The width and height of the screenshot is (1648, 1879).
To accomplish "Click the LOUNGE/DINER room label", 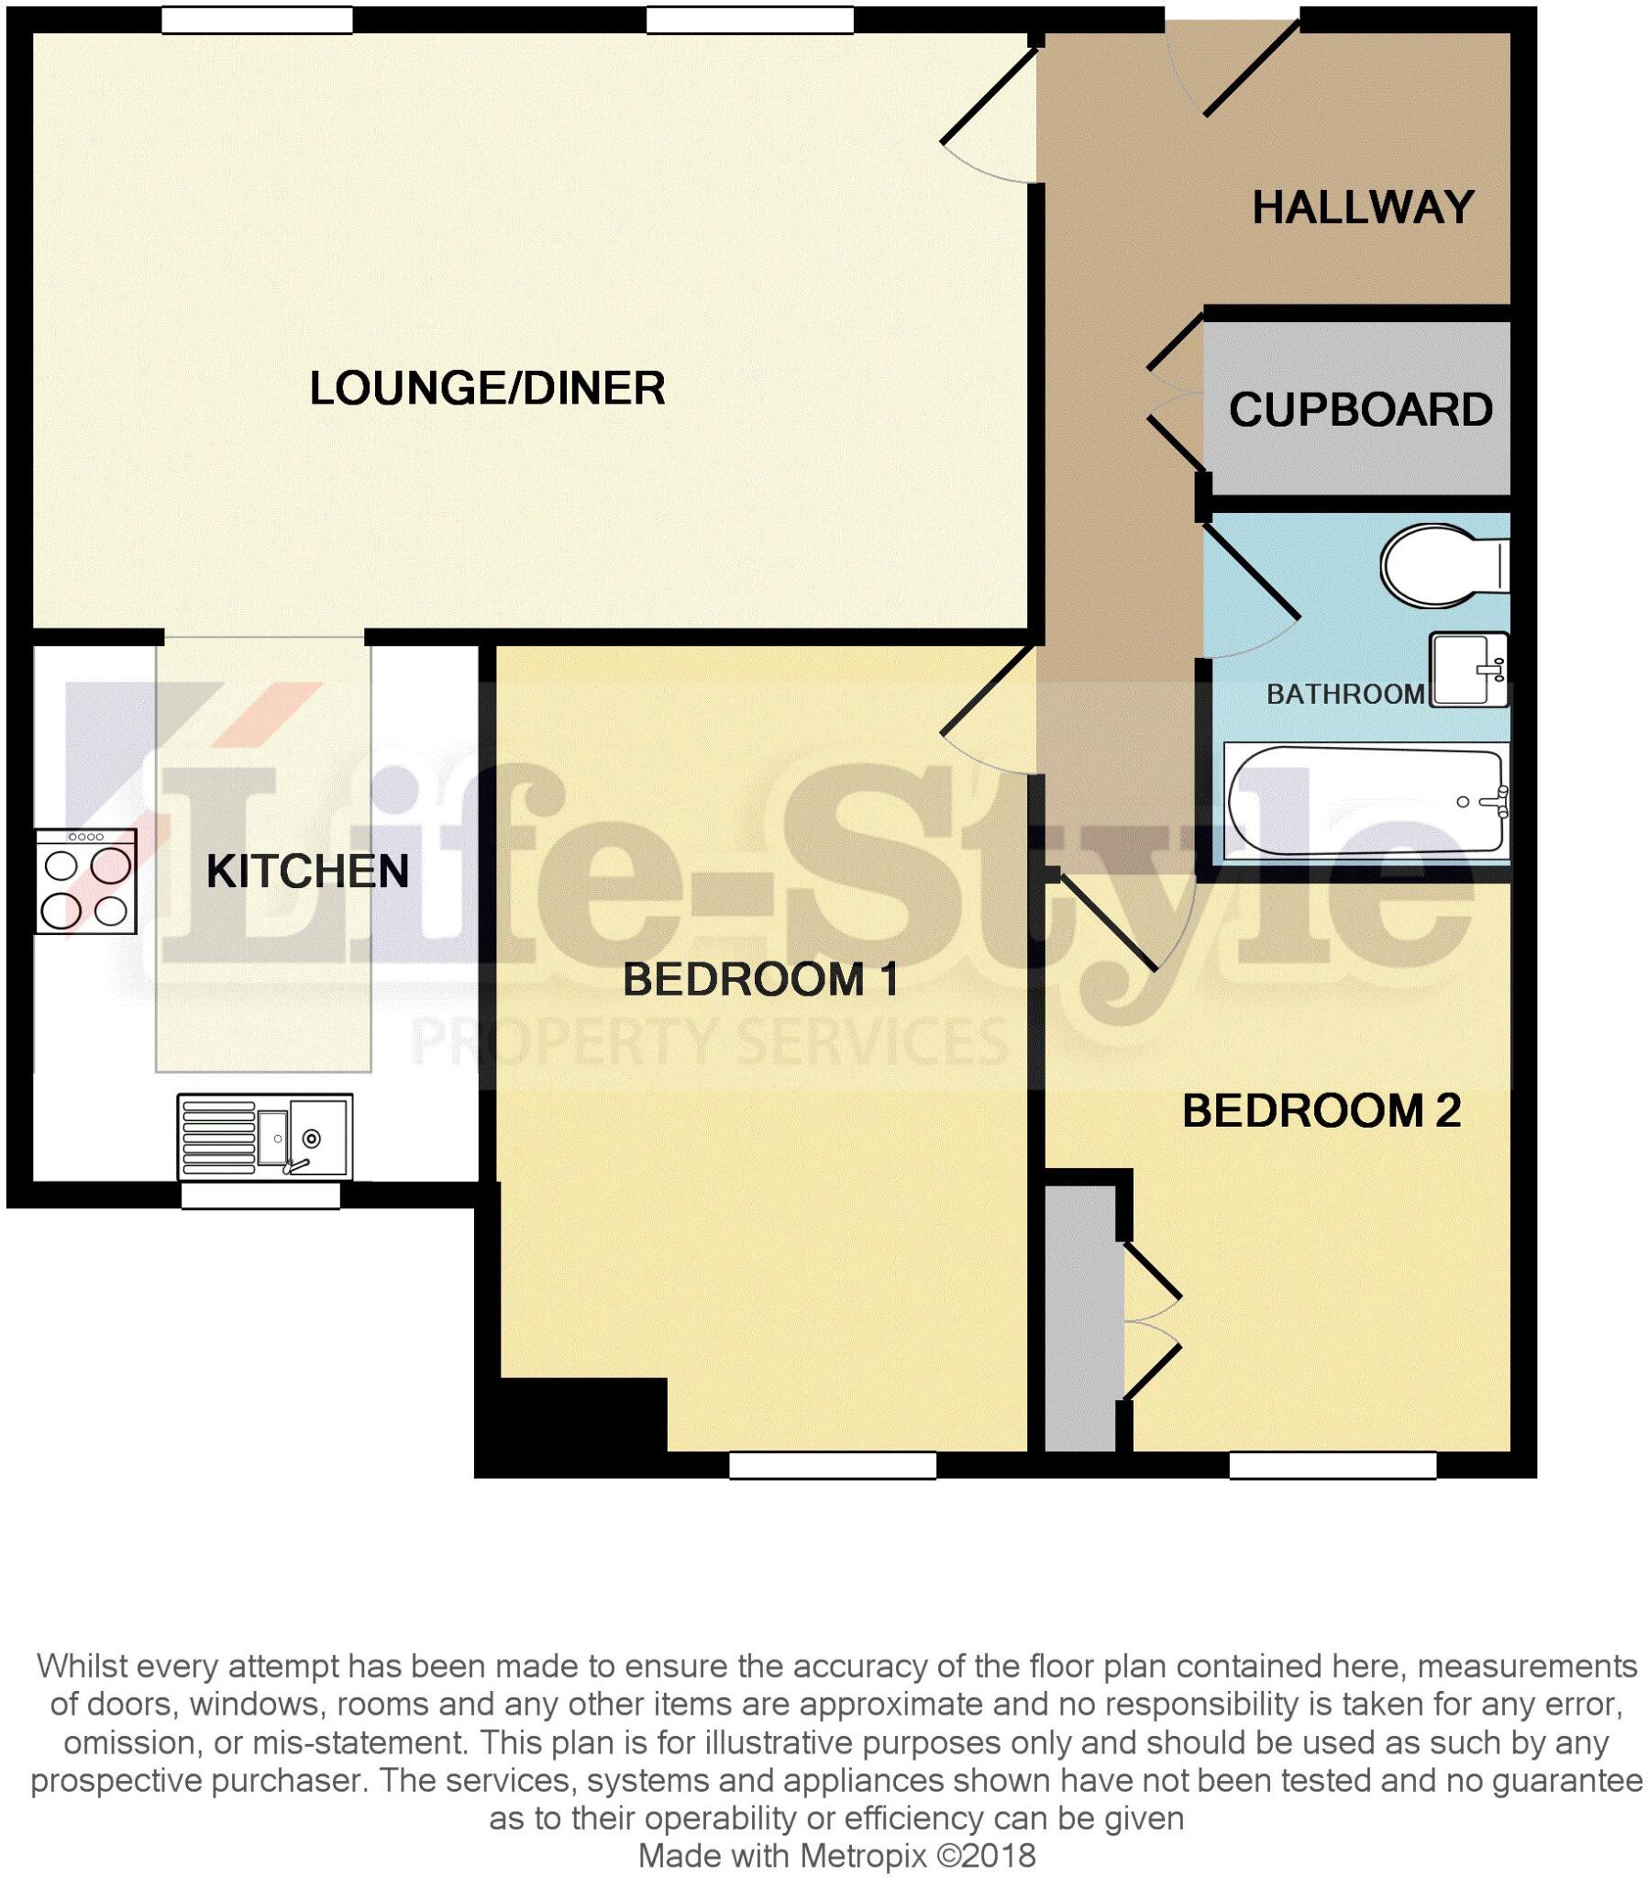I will pyautogui.click(x=487, y=388).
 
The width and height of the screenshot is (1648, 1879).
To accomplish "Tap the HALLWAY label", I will pyautogui.click(x=1362, y=207).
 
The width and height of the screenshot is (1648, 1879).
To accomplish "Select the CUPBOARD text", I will pyautogui.click(x=1359, y=410).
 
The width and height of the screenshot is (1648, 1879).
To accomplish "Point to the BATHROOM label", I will pyautogui.click(x=1344, y=694).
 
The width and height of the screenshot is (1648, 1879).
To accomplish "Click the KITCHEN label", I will pyautogui.click(x=307, y=872).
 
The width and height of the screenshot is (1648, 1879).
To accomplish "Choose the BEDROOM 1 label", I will pyautogui.click(x=760, y=980).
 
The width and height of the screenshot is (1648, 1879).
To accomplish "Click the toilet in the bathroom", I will pyautogui.click(x=1443, y=565).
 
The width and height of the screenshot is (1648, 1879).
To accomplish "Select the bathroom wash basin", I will pyautogui.click(x=1468, y=670).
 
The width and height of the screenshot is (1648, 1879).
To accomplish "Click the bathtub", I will pyautogui.click(x=1365, y=802).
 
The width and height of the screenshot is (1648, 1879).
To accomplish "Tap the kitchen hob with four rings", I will pyautogui.click(x=85, y=882).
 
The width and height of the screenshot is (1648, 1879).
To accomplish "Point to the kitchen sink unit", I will pyautogui.click(x=264, y=1136).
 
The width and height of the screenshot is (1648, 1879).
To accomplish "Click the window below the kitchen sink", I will pyautogui.click(x=260, y=1195).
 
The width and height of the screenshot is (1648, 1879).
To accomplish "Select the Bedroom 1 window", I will pyautogui.click(x=832, y=1464).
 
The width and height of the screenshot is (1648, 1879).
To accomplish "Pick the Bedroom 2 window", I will pyautogui.click(x=1332, y=1464).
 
